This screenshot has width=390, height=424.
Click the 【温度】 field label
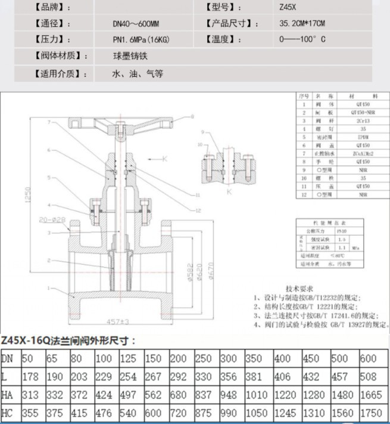pos(223,40)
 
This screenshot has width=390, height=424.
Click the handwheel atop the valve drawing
pos(120,125)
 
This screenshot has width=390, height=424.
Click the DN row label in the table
pos(8,358)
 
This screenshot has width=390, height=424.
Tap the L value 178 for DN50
pos(30,377)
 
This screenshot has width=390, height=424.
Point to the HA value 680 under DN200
pos(178,395)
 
